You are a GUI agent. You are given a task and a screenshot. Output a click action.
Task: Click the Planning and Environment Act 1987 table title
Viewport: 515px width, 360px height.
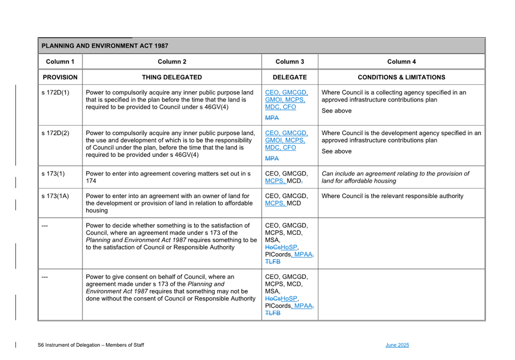click(x=105, y=46)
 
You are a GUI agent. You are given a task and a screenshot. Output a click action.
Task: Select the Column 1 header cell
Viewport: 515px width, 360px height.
click(x=60, y=62)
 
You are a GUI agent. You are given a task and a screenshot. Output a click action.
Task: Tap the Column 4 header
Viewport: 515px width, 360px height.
click(x=401, y=62)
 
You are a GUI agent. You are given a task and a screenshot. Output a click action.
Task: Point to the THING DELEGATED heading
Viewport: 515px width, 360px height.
click(x=172, y=77)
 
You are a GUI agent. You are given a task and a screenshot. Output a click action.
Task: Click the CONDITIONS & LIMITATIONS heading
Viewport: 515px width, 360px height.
click(x=401, y=77)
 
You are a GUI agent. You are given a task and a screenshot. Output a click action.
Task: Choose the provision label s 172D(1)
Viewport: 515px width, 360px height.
click(x=55, y=93)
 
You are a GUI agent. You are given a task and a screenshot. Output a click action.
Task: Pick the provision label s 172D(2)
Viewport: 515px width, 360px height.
click(x=55, y=133)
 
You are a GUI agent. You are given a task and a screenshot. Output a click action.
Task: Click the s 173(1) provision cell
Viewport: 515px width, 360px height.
click(x=53, y=174)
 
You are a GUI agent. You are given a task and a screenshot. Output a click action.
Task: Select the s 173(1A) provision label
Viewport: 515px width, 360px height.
click(x=55, y=196)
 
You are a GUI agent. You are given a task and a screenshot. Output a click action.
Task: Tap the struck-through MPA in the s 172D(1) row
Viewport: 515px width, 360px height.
click(x=272, y=118)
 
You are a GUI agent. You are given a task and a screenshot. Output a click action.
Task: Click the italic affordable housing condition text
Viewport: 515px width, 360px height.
click(x=395, y=177)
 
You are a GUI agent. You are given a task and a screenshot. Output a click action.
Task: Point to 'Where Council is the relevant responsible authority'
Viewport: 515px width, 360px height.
click(x=392, y=196)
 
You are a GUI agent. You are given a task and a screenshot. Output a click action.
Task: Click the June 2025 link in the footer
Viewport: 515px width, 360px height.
click(x=397, y=345)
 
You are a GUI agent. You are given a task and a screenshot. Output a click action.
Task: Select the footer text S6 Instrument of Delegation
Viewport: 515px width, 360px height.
click(x=91, y=345)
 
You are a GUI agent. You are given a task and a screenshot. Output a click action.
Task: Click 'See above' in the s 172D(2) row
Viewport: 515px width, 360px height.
click(x=336, y=151)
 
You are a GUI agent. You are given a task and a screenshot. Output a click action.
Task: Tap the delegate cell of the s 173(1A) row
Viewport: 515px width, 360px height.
click(x=286, y=200)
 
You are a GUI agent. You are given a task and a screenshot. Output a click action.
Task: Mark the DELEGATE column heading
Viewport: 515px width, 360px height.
click(x=289, y=77)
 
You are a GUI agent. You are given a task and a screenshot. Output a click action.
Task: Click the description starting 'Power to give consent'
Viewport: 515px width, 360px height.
click(x=171, y=288)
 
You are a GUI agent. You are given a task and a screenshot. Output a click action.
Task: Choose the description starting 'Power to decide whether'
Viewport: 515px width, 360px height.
click(x=171, y=236)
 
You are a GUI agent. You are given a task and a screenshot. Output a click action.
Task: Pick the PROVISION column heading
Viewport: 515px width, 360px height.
click(x=60, y=77)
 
